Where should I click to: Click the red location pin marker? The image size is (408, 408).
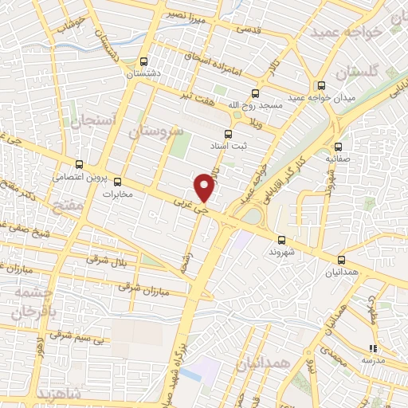pyautogui.click(x=205, y=186)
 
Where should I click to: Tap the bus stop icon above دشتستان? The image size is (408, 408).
pyautogui.click(x=143, y=61)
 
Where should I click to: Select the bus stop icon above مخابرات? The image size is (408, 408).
pyautogui.click(x=118, y=181)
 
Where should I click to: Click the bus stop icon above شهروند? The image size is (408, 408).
pyautogui.click(x=281, y=239)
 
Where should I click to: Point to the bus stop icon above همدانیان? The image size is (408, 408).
pyautogui.click(x=342, y=260)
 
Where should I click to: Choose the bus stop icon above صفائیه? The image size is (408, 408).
pyautogui.click(x=339, y=147)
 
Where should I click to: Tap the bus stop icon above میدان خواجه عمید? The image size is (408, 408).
pyautogui.click(x=321, y=86)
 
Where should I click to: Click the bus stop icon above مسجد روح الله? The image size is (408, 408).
pyautogui.click(x=255, y=93)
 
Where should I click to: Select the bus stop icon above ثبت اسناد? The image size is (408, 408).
pyautogui.click(x=228, y=133)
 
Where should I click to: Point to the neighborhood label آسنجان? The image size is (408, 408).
pyautogui.click(x=94, y=121)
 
